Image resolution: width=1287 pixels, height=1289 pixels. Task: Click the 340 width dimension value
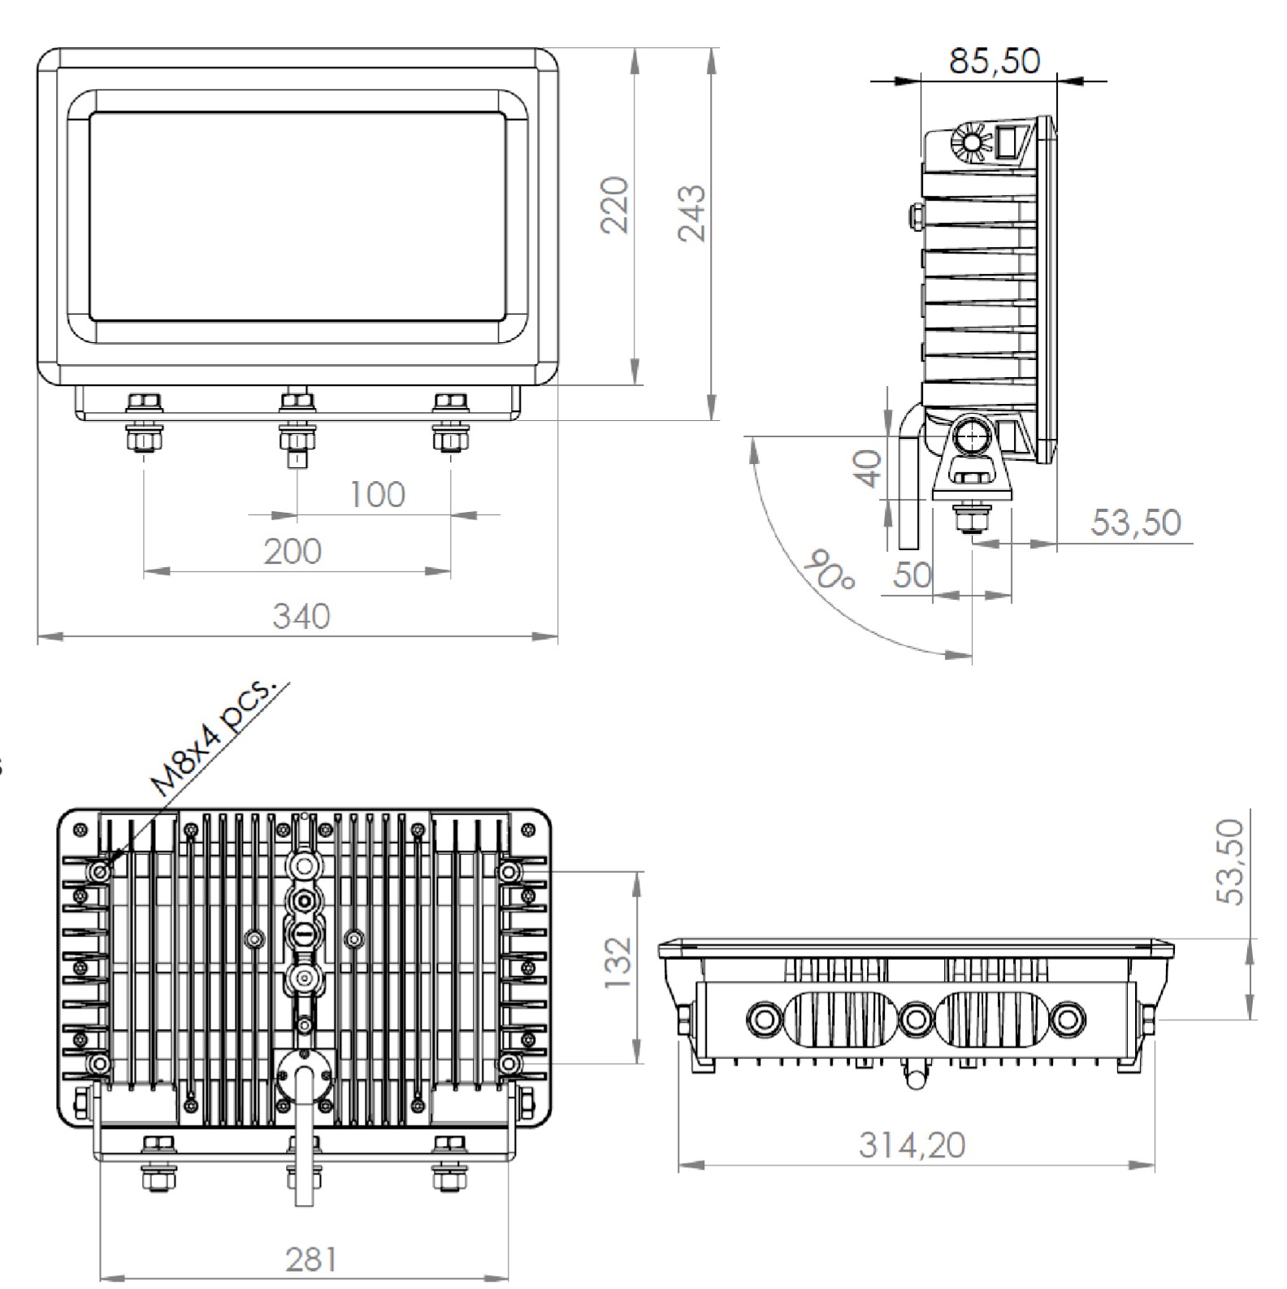301,616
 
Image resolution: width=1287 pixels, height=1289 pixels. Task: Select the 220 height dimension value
615,205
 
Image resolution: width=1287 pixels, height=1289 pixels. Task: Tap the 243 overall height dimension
692,213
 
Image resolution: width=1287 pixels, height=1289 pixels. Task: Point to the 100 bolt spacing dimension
377,494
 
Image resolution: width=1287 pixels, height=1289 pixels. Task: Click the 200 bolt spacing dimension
292,551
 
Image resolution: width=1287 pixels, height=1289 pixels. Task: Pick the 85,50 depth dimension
994,61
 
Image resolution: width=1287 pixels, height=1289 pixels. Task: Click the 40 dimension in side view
870,469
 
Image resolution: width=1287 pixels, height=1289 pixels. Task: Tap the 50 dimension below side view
912,575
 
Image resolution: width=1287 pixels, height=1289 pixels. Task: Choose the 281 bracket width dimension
311,1260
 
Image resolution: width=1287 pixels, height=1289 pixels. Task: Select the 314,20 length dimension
912,1145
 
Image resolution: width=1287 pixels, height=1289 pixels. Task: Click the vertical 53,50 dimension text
1231,862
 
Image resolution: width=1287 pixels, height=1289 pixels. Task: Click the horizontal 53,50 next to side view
1135,522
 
